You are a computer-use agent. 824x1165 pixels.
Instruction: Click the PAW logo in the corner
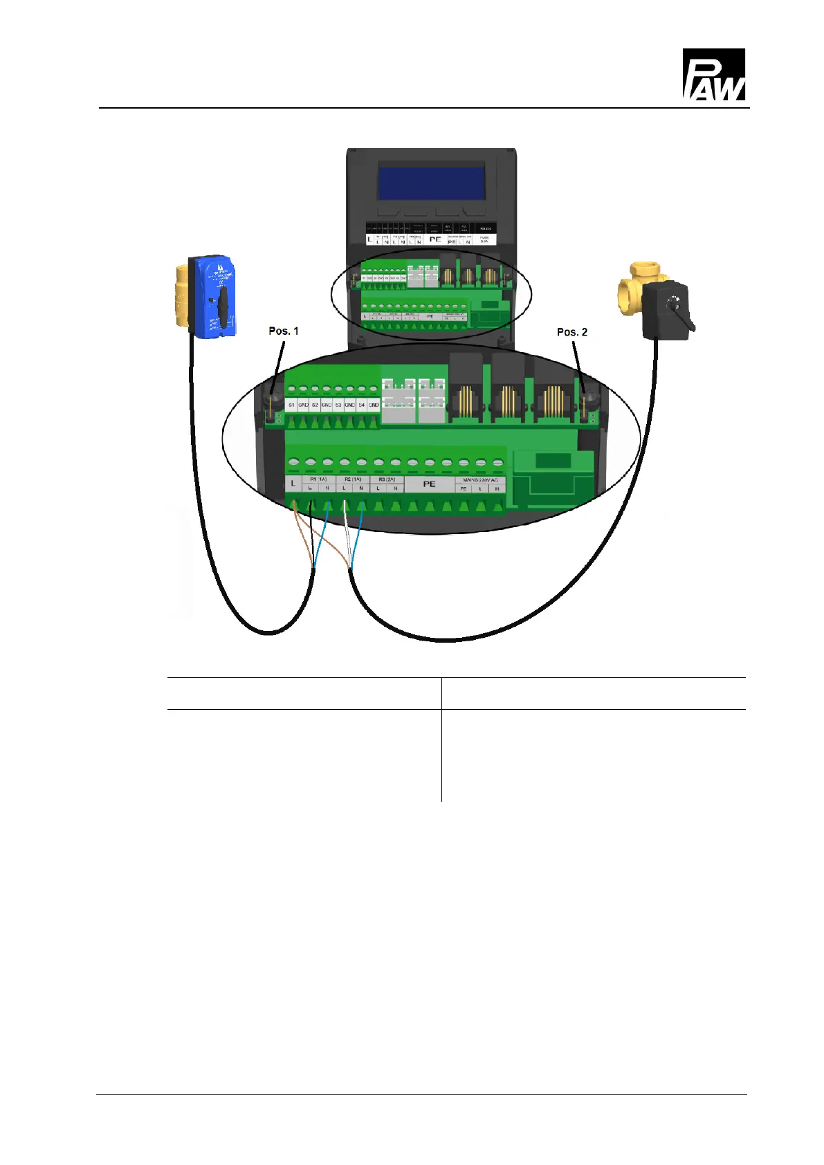point(713,75)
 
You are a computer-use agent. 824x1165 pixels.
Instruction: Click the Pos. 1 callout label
point(284,331)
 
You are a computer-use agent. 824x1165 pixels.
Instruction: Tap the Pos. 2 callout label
point(571,332)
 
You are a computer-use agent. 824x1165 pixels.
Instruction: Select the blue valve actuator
point(212,295)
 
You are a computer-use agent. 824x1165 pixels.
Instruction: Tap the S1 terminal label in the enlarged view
point(292,405)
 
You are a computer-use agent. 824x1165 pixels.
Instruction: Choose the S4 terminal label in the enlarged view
point(362,405)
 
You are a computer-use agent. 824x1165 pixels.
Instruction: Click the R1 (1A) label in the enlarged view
point(318,479)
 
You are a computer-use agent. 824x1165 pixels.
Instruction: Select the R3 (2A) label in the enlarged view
point(387,479)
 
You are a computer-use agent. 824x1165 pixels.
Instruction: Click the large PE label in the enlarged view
point(429,484)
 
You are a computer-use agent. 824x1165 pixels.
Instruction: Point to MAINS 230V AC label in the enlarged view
point(480,479)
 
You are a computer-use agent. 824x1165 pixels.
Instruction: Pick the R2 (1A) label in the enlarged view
point(353,479)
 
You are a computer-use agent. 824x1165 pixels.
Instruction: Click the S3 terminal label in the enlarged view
point(338,405)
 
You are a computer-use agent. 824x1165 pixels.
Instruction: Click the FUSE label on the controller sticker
point(484,239)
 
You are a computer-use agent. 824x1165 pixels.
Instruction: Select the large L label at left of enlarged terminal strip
point(293,484)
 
